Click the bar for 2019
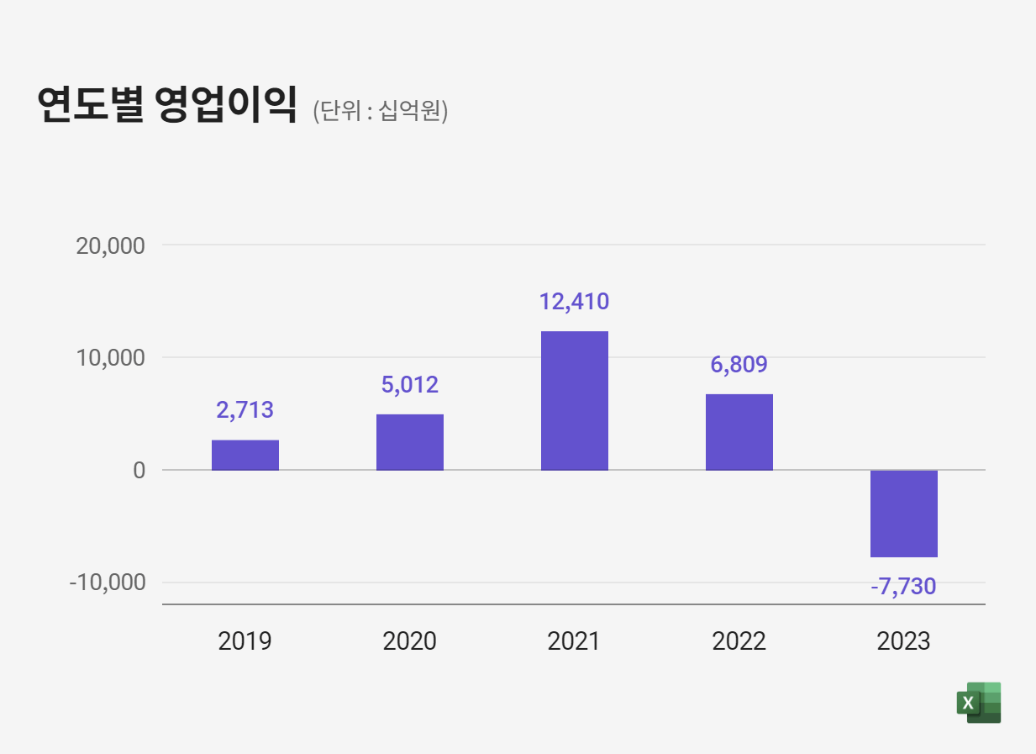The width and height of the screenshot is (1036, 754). click(245, 455)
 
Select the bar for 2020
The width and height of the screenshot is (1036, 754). click(409, 442)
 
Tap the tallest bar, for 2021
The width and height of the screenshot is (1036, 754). click(574, 400)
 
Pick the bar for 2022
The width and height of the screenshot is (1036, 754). click(739, 432)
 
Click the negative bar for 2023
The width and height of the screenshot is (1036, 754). click(903, 514)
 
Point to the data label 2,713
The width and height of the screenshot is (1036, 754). click(245, 410)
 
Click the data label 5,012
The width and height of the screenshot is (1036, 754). click(409, 385)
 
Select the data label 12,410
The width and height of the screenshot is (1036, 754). click(574, 301)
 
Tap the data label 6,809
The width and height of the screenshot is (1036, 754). click(739, 365)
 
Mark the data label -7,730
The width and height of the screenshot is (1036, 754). click(903, 586)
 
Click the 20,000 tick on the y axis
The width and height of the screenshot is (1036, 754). click(110, 246)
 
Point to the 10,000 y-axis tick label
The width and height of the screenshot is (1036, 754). click(110, 358)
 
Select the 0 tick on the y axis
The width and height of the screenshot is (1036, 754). click(139, 471)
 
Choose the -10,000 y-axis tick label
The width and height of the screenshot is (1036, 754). click(107, 583)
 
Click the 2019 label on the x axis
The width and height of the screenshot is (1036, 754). click(245, 641)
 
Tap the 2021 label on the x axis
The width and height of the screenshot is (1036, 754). click(574, 641)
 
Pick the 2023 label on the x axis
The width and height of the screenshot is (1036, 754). click(903, 641)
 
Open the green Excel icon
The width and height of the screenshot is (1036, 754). click(979, 703)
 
